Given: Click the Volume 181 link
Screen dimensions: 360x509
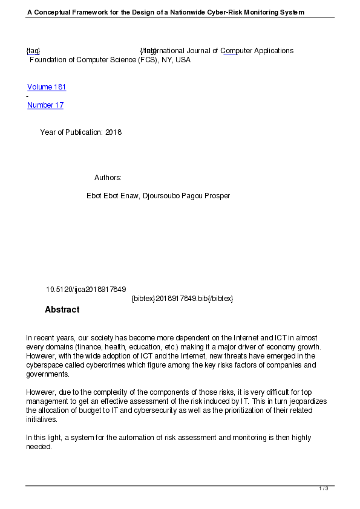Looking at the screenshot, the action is (x=47, y=87).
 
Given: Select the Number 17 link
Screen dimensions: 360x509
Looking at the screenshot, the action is (x=45, y=105).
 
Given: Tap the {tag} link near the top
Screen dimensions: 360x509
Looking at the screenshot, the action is (x=33, y=51).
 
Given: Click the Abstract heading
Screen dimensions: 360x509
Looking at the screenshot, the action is (x=62, y=310).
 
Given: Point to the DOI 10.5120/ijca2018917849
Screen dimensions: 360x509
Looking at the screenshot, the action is (x=86, y=290).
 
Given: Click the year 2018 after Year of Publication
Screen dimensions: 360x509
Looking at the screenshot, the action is (x=113, y=132).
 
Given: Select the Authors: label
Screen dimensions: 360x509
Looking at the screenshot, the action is (x=108, y=178).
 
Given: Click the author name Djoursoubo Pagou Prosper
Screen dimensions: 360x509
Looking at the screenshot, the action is (x=186, y=196).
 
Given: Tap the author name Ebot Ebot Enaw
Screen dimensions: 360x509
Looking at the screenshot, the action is (x=113, y=196).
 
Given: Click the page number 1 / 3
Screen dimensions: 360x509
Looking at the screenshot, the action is (x=324, y=488).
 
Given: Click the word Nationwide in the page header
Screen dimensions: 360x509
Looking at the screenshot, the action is (x=183, y=12).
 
